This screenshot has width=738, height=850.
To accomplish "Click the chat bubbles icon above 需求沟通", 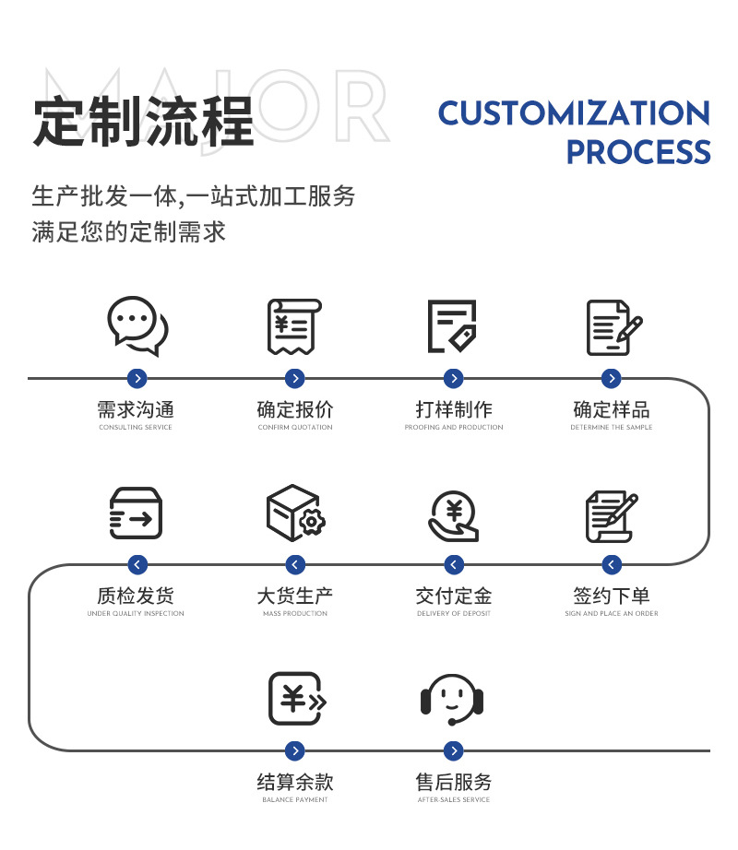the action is (137, 325).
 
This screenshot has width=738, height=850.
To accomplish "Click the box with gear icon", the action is (295, 513).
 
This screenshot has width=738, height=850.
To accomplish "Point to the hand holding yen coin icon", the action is (453, 516).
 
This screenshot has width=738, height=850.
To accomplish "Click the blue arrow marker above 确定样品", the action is (612, 378).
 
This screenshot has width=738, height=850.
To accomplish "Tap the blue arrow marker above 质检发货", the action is (137, 564).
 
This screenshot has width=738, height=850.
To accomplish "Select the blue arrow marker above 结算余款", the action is (295, 750).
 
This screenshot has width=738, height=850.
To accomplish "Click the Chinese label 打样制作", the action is (454, 410).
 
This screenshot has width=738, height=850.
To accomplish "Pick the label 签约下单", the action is (612, 596).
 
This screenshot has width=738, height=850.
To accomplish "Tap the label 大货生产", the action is (295, 596).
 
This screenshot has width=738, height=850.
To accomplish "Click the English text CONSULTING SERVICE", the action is (136, 427).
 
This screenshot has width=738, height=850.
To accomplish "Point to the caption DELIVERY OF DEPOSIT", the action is (454, 614).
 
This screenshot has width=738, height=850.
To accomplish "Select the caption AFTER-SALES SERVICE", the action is (454, 799).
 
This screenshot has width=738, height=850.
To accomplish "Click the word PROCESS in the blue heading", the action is (638, 152).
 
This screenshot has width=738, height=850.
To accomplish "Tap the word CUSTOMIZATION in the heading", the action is (574, 112).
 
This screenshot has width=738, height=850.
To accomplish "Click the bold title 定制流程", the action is (144, 122).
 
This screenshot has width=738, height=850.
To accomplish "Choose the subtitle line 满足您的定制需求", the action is (128, 232).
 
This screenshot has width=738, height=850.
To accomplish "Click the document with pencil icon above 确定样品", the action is (613, 327).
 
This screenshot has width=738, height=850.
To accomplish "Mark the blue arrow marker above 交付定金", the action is (454, 564).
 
